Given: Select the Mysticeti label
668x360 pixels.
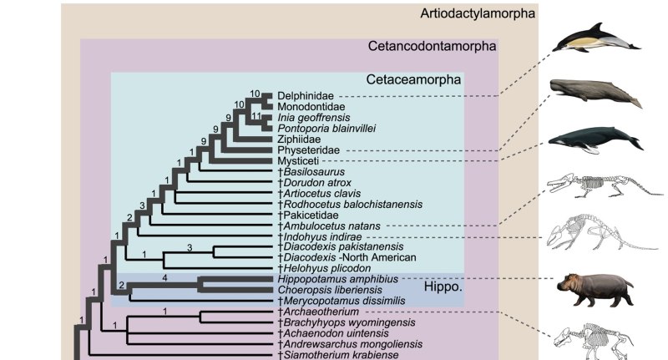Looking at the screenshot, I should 299,160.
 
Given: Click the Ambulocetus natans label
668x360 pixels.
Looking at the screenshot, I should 328,226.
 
